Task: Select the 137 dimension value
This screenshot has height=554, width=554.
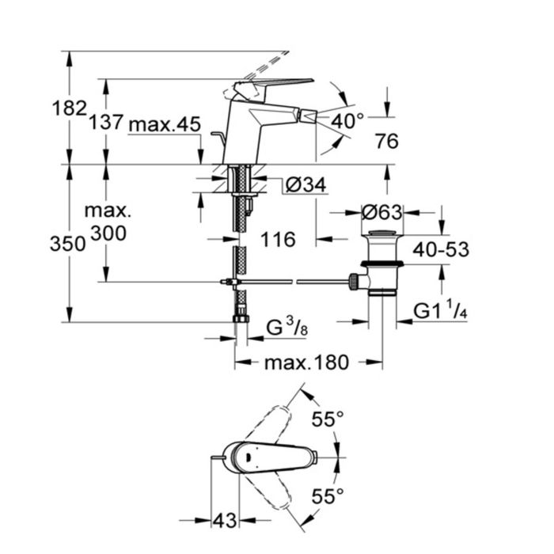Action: (x=106, y=123)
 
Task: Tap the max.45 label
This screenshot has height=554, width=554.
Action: (x=165, y=124)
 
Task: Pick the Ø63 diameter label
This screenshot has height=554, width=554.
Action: (x=381, y=212)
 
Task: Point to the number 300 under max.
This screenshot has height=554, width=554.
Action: (x=107, y=233)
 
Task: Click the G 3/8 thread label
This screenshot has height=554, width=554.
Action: (x=283, y=327)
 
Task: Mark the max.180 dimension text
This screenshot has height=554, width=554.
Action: (x=305, y=362)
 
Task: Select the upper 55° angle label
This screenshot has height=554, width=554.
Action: (x=328, y=419)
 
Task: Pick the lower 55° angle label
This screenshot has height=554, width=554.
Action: (x=328, y=495)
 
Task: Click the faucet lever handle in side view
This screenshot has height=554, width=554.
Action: (x=277, y=84)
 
